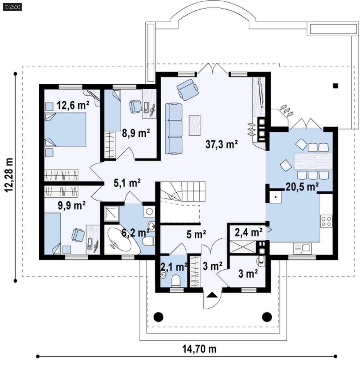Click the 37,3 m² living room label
[221, 144]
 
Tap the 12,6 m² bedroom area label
[73, 105]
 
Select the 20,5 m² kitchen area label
[302, 187]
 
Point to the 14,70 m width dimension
[199, 348]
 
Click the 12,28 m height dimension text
[9, 175]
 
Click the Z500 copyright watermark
[12, 7]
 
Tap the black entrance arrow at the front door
[212, 295]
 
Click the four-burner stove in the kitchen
[326, 221]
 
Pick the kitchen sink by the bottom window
[302, 248]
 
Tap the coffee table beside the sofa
[194, 125]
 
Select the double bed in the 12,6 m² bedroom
[65, 130]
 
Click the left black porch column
[158, 317]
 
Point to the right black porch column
[267, 317]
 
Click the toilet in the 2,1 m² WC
[176, 281]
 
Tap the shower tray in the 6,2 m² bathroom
[112, 214]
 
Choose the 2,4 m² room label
[248, 232]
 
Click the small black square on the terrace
[336, 86]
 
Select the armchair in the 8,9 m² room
[135, 106]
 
